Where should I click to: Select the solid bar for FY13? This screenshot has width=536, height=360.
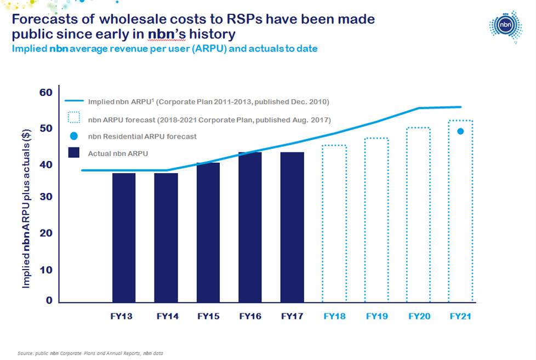tap(124, 237)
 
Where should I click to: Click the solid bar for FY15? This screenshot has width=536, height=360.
tap(208, 232)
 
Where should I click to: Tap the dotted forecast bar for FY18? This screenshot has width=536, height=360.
tap(334, 223)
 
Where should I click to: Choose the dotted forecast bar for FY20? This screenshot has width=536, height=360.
tap(418, 214)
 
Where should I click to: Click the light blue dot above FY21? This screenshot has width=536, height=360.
tap(461, 131)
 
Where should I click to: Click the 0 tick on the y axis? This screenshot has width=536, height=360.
tap(49, 300)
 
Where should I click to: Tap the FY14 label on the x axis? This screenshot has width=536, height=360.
tap(166, 316)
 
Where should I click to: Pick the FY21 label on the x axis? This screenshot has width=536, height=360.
tap(460, 316)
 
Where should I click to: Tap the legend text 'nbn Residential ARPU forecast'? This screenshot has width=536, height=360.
tap(142, 136)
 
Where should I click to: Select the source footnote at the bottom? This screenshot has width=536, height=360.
tap(90, 353)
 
